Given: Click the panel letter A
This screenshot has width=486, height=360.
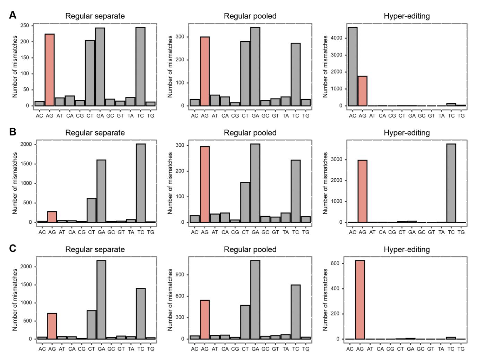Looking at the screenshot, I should [x=13, y=15].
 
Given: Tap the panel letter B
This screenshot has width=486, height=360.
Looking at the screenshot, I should [x=13, y=132].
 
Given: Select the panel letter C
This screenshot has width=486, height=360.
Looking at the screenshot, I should [x=13, y=249].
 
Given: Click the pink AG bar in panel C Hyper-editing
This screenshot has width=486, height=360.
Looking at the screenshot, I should [x=360, y=300].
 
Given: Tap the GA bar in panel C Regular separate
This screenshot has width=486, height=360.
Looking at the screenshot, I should [x=102, y=300].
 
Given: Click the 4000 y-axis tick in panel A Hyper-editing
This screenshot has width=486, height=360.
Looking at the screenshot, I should [x=337, y=38].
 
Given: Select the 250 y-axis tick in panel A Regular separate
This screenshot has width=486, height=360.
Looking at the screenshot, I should [x=25, y=26].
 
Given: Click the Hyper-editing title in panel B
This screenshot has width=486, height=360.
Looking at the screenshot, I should [x=407, y=133].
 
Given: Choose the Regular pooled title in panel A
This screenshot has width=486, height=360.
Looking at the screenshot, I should [x=250, y=16].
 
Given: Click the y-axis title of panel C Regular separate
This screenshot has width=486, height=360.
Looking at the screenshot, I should [x=15, y=300].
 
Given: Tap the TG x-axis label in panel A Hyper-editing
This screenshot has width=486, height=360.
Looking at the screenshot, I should [x=461, y=115].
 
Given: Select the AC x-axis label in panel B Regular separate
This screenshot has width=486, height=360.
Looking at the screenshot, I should [x=42, y=232].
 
